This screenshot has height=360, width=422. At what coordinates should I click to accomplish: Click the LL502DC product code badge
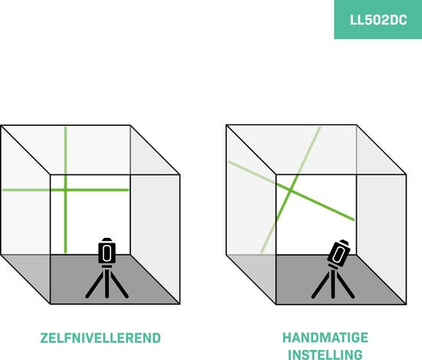click(377, 19)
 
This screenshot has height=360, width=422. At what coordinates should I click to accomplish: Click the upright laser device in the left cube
click(107, 252)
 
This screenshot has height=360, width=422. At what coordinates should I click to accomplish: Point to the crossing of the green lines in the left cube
click(65, 189)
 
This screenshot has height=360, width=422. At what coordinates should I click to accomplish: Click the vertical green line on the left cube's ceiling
click(65, 150)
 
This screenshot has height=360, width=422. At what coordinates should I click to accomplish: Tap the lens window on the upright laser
click(107, 252)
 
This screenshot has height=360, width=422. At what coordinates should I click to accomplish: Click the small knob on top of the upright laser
click(107, 238)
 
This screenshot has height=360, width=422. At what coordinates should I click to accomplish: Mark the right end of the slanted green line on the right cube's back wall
click(354, 220)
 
